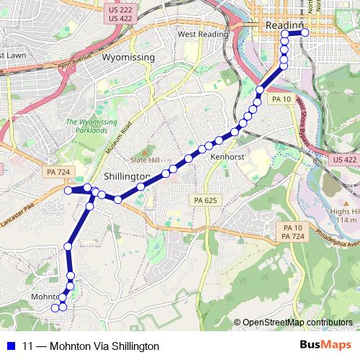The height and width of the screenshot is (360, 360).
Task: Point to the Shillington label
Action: pos(127,176)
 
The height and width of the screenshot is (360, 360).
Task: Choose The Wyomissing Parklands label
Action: pos(91,127)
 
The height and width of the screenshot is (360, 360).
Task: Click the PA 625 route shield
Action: pos(206,199)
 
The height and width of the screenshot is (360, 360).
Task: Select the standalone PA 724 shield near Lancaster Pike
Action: pos(58,172)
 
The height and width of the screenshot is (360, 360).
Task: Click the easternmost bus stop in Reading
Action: pos(305,32)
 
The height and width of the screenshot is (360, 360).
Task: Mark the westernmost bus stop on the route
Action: pos(53,307)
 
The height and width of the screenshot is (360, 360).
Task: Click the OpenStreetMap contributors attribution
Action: pos(297,323)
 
